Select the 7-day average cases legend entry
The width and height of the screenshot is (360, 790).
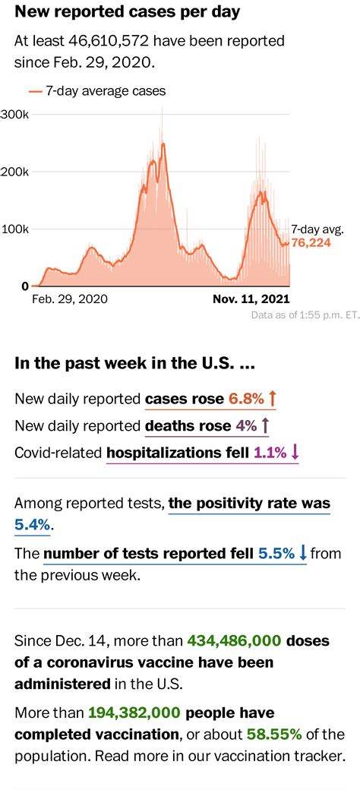(97, 91)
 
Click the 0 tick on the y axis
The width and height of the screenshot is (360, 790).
(25, 286)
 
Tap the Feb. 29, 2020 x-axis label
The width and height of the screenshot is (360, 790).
(70, 299)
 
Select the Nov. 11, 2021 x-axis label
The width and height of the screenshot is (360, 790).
(250, 299)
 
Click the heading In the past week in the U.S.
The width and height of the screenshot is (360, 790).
(134, 363)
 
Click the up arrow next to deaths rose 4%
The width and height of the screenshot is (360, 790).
(265, 425)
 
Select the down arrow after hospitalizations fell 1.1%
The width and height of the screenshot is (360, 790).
(295, 453)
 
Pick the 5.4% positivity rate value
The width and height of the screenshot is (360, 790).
(33, 524)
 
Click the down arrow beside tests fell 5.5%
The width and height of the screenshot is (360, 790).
(302, 553)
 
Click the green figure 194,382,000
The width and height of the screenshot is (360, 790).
(134, 713)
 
